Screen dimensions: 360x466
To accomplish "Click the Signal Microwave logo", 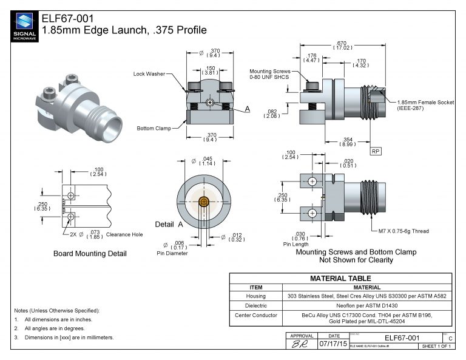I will tap(24, 27).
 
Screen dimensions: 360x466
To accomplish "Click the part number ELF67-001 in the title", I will tap(67, 18).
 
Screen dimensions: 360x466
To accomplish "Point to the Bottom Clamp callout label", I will tap(154, 128).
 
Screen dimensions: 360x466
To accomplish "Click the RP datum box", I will tap(376, 150).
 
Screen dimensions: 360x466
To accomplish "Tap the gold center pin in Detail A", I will tap(204, 201).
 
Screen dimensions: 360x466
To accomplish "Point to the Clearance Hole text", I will tap(124, 234).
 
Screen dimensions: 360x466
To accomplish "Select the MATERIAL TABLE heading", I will tap(340, 279).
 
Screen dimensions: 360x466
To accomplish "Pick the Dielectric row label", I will tap(255, 305).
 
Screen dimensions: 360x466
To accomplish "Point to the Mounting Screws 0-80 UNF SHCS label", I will tap(269, 74).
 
